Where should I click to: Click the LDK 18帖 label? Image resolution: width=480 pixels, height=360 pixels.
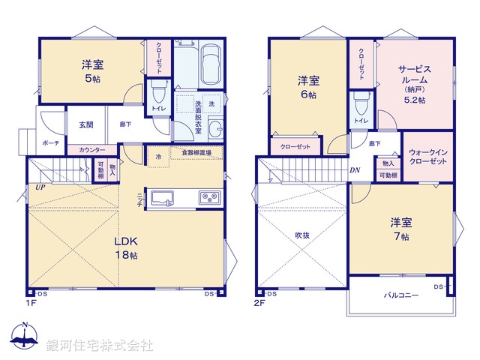(x=125, y=248)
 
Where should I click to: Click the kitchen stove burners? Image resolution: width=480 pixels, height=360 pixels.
(x=208, y=198)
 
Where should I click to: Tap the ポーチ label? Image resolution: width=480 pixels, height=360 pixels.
(x=51, y=142)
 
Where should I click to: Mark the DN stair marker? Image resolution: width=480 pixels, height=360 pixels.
(x=354, y=170)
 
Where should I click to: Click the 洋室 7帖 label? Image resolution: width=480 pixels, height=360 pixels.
(x=399, y=228)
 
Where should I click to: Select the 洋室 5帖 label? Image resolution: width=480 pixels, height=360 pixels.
(x=91, y=70)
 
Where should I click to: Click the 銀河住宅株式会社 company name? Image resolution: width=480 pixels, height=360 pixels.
(x=100, y=346)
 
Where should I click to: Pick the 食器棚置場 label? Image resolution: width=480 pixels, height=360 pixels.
(x=196, y=152)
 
